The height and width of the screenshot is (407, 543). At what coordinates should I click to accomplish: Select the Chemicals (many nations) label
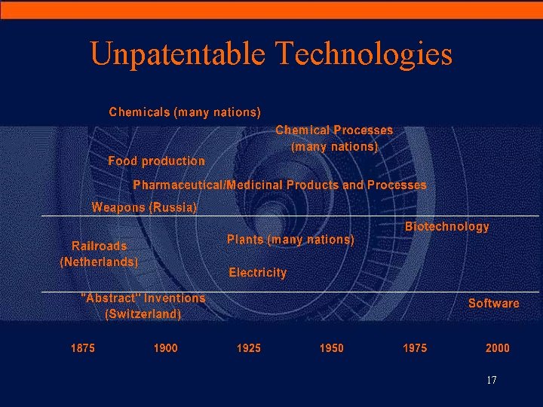click(x=185, y=112)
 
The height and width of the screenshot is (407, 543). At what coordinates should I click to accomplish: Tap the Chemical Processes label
click(x=334, y=130)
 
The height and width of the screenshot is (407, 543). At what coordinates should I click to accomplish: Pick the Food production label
click(x=156, y=161)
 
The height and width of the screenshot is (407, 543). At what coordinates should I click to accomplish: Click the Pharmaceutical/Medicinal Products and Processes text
click(x=279, y=185)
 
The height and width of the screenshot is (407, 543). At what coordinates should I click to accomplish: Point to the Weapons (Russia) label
click(x=144, y=207)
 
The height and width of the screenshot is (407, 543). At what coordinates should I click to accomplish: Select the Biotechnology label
click(x=446, y=226)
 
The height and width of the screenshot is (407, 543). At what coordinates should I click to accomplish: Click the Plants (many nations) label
click(x=290, y=240)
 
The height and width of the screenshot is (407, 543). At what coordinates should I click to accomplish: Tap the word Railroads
click(x=99, y=246)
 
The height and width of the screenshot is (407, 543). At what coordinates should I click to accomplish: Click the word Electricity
click(x=257, y=273)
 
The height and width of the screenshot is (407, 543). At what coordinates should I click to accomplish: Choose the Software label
click(x=493, y=303)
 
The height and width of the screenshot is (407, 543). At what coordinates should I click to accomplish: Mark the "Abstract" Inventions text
click(x=143, y=298)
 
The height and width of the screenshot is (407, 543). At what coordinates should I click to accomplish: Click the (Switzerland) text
click(x=143, y=314)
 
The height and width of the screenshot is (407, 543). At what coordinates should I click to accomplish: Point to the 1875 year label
click(x=82, y=348)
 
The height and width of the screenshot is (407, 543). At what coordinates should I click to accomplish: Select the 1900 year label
click(x=165, y=348)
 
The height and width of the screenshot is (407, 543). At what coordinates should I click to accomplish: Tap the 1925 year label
click(x=248, y=348)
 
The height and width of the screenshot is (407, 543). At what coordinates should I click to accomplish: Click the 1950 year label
click(x=331, y=348)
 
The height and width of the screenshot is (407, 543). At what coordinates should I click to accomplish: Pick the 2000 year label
click(x=497, y=348)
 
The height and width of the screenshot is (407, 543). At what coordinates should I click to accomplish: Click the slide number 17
click(x=491, y=381)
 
